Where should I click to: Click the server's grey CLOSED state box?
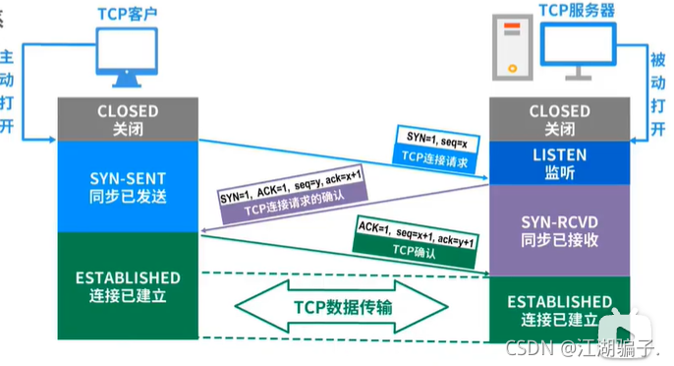[559, 119]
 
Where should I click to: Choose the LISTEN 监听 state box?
[559, 162]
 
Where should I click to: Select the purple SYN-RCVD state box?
[559, 233]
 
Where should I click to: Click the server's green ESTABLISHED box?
[559, 310]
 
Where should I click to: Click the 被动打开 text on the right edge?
[658, 79]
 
